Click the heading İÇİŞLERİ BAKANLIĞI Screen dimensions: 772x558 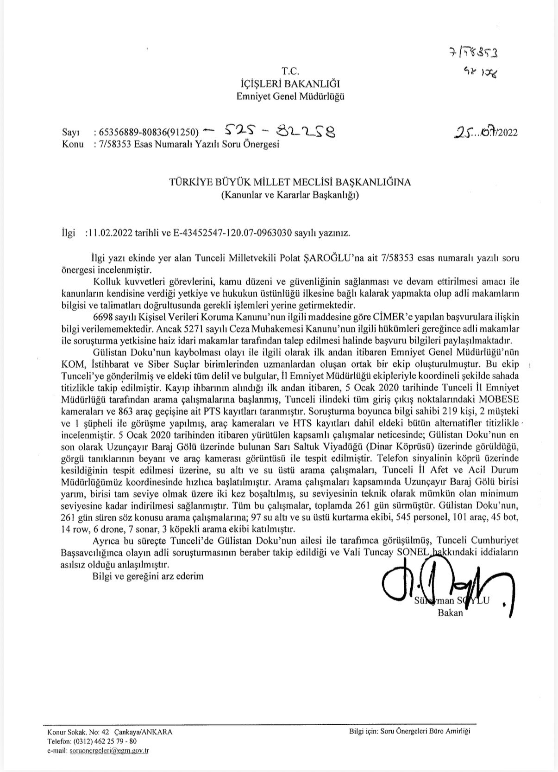click(x=291, y=84)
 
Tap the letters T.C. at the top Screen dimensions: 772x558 click(x=291, y=71)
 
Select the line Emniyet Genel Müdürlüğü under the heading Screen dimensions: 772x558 click(x=291, y=96)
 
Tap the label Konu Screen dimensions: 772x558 click(x=73, y=144)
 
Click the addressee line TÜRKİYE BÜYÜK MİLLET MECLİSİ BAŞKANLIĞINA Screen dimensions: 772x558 click(x=290, y=183)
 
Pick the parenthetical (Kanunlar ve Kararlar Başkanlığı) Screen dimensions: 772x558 click(x=290, y=195)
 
